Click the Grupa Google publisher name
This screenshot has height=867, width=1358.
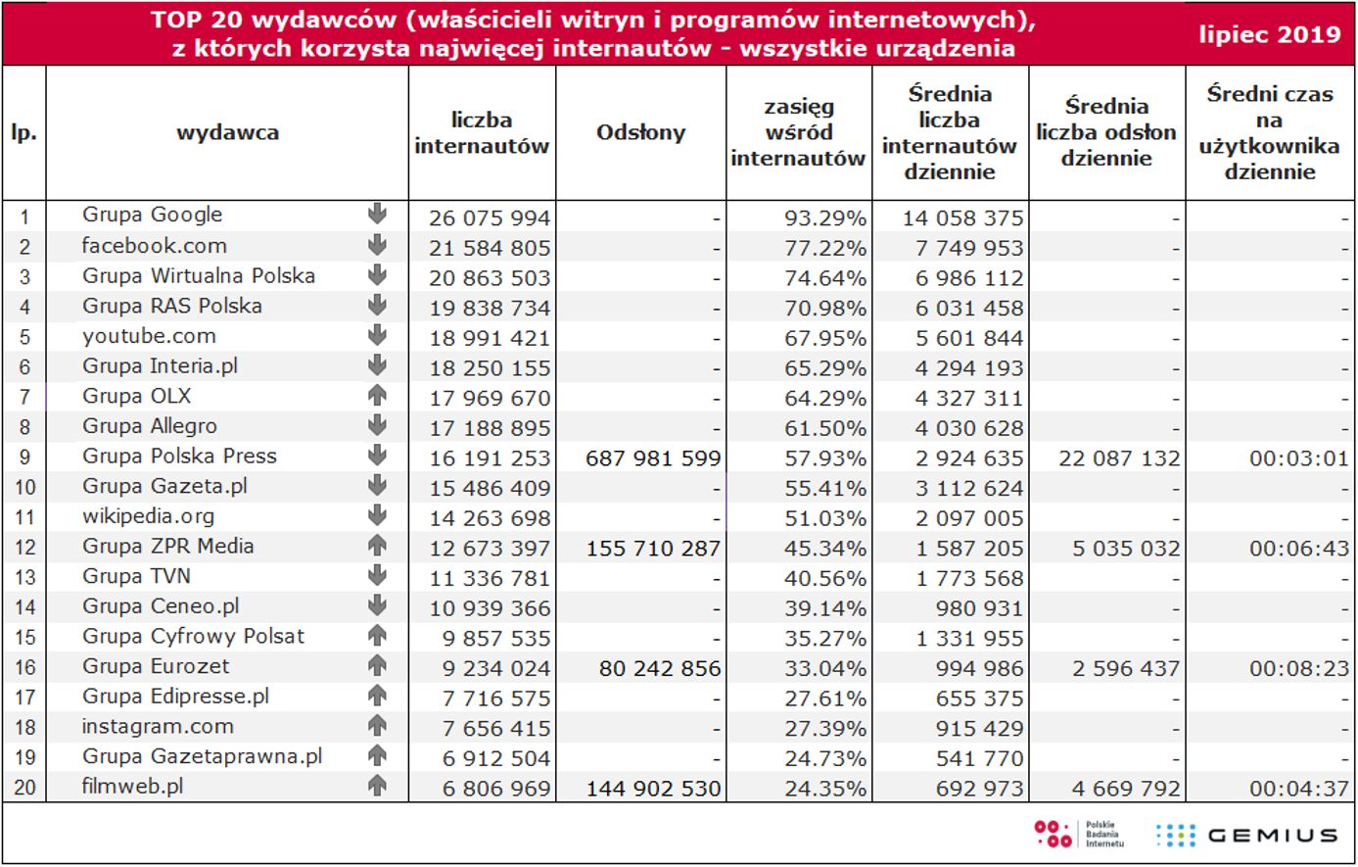152,215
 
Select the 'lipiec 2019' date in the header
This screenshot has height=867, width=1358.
1270,35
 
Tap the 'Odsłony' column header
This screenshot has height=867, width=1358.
640,133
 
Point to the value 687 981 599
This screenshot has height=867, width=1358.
653,458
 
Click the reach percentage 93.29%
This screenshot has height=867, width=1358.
824,217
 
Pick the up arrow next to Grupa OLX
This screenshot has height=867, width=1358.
377,396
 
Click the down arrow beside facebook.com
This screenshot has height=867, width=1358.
377,245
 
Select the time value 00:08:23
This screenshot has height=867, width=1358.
1298,669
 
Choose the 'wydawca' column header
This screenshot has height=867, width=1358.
227,133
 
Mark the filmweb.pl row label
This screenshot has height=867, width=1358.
132,787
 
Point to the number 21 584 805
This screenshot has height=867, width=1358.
490,248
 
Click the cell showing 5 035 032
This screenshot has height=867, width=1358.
1126,549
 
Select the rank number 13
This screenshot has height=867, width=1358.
24,578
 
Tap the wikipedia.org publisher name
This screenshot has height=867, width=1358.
148,516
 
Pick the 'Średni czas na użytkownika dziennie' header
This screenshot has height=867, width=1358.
1269,133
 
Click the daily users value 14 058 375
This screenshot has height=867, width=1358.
962,217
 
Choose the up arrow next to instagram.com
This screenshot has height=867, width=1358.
377,726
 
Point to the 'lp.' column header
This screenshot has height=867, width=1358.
23,133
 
